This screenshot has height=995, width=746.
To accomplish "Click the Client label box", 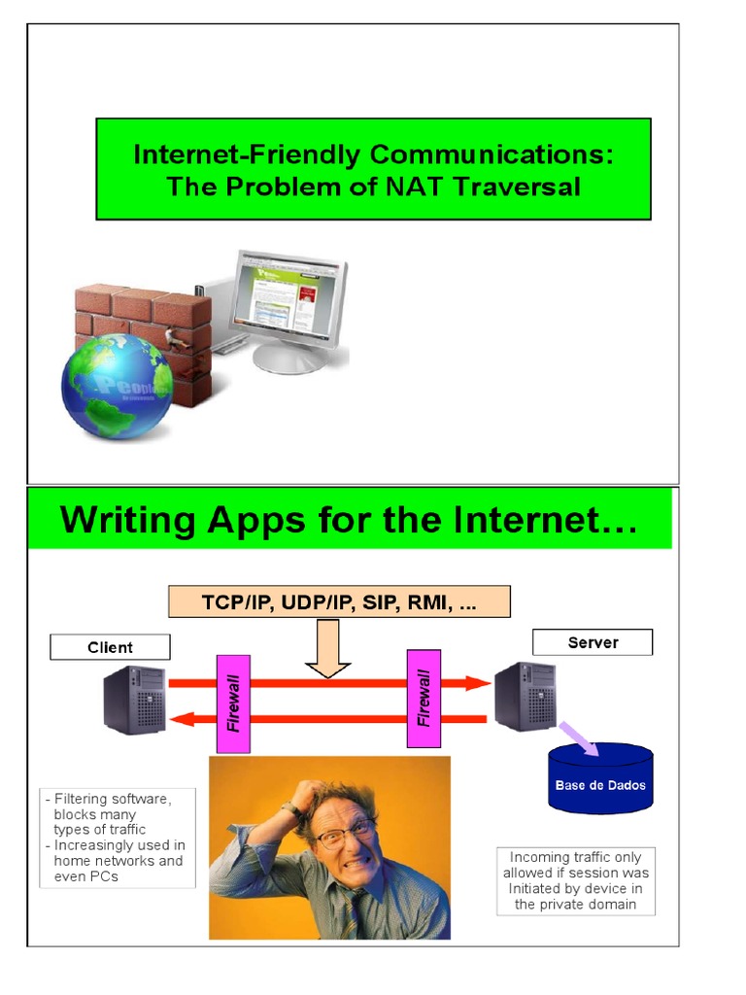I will coord(110,647).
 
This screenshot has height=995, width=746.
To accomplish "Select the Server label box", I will coord(593,642).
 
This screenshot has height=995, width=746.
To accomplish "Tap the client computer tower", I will coord(135,699).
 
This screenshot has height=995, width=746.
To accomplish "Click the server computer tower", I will coord(526,696).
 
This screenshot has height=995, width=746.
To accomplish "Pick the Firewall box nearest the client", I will coord(233,703).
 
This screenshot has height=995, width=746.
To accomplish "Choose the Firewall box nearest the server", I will coord(424,699).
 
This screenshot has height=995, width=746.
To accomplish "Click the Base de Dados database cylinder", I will coord(600,778).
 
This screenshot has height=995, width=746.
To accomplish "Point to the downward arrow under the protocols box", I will coord(327,650).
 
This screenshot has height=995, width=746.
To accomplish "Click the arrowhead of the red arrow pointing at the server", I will coord(478,683).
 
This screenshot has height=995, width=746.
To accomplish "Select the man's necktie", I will coord(357,913).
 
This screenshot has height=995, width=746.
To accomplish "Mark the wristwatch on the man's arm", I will coord(291,808).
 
